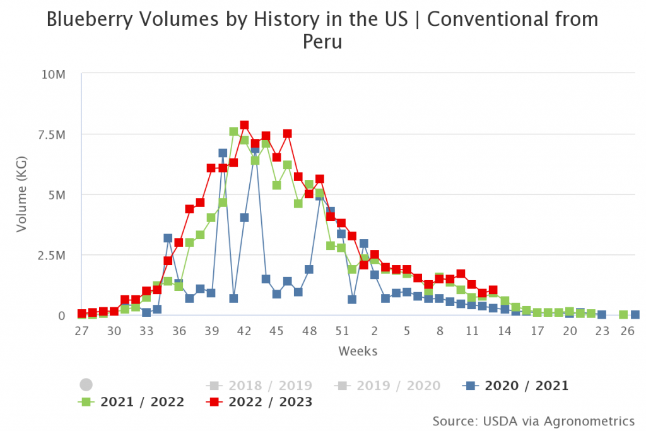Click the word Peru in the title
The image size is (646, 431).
point(322,42)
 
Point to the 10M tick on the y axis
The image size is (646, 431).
point(54,74)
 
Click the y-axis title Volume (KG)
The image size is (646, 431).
point(21,195)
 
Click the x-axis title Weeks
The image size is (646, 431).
point(358,350)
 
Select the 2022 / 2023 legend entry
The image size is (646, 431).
point(259,402)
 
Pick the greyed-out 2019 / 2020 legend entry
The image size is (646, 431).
point(387,386)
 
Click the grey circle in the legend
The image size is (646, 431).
point(86,384)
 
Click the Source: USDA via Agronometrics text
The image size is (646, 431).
point(533,420)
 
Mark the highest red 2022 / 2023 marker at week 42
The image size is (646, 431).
point(244,125)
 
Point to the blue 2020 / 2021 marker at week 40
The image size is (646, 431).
point(223,153)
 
